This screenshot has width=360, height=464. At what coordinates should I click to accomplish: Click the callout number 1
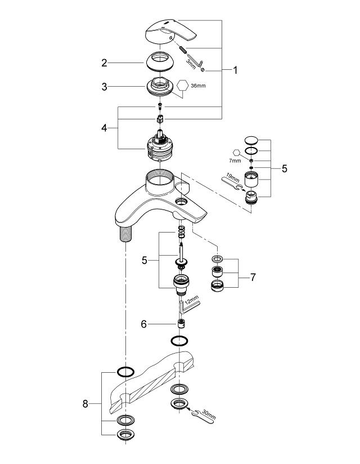236,70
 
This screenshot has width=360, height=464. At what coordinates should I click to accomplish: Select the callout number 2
105,63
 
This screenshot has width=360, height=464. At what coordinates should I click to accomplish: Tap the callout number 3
105,87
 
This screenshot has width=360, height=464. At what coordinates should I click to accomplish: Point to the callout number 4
104,128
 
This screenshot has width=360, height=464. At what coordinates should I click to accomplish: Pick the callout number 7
253,278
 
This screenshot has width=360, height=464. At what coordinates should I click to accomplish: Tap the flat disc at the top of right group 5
251,140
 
